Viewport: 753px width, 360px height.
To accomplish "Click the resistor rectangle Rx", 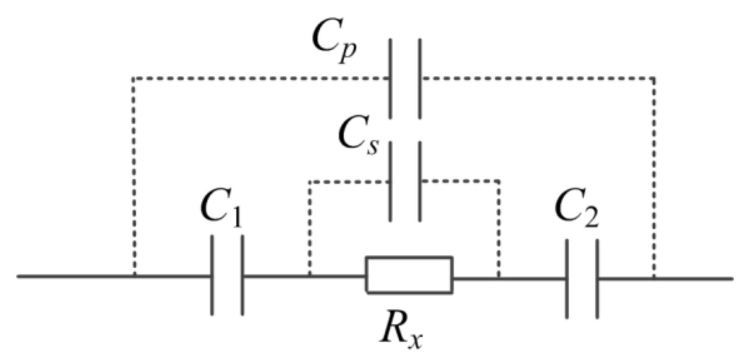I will [409, 275].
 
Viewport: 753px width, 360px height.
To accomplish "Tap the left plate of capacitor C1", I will [213, 275].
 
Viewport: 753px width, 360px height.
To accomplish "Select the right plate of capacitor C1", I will [242, 275].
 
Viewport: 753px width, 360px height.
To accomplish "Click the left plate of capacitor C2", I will [567, 278].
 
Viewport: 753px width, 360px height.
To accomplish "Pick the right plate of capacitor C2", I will [597, 278].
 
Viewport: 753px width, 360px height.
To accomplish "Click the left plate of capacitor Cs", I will [391, 181].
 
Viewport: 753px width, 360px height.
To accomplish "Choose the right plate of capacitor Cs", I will [420, 181].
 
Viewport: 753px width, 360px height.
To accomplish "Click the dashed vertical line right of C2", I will [654, 175].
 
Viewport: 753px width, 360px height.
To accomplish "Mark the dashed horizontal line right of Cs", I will [460, 181].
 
